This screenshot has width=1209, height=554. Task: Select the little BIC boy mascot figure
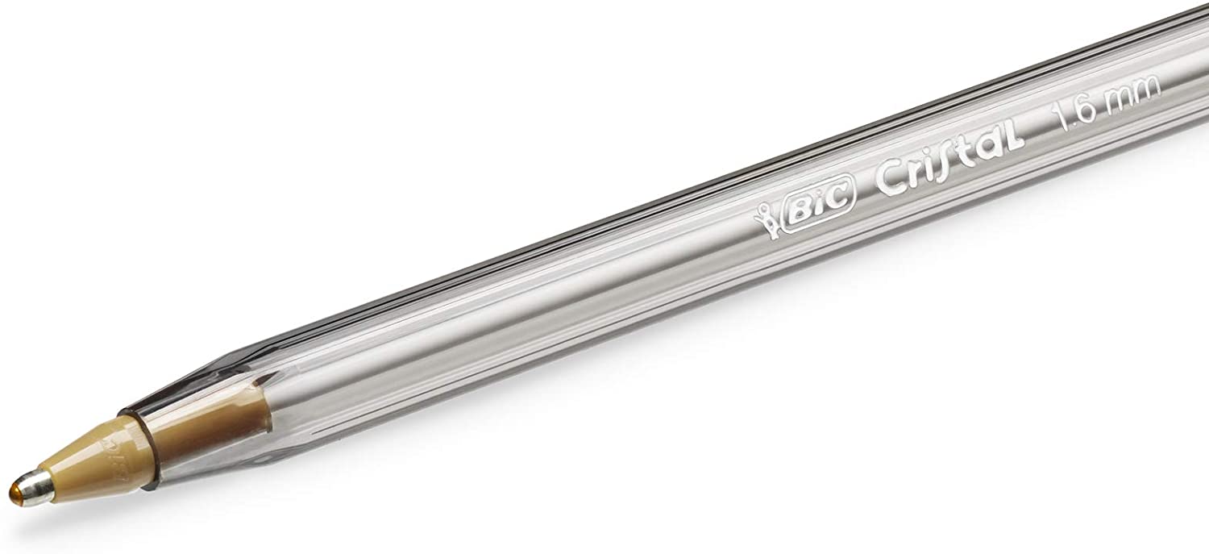click(x=766, y=227)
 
